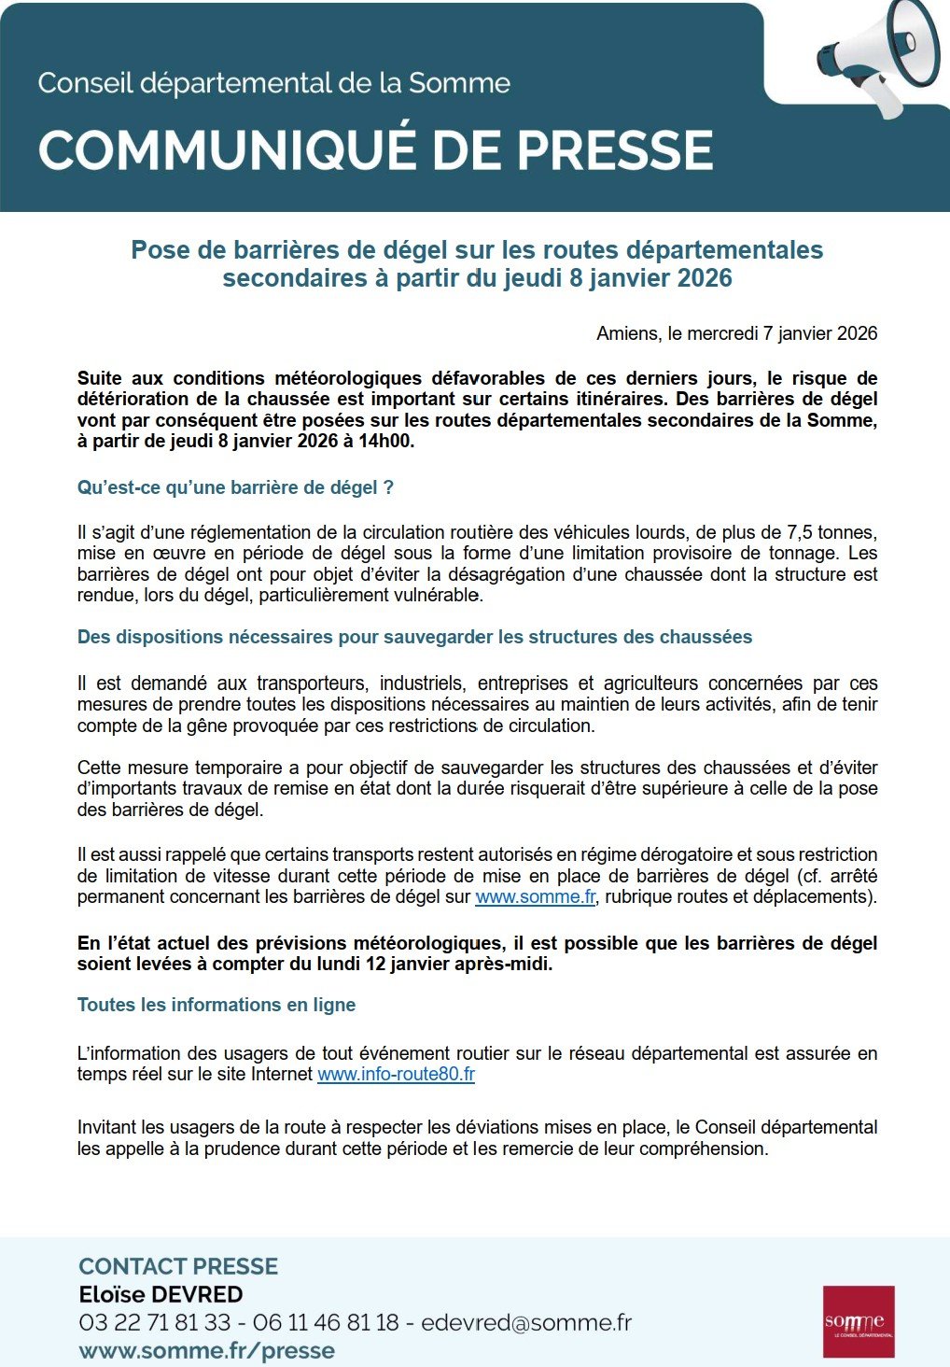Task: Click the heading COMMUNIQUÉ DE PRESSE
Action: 375,150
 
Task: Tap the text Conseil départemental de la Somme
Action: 273,83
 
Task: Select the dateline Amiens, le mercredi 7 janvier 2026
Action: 736,333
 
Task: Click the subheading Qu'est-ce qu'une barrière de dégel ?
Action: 235,487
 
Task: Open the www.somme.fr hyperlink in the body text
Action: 535,896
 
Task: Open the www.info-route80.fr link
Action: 396,1074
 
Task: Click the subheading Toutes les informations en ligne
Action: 217,1005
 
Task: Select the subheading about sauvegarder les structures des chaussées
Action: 414,637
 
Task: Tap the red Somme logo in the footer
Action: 859,1321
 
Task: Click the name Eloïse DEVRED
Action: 161,1294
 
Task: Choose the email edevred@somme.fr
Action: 525,1322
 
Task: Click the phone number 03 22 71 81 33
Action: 154,1322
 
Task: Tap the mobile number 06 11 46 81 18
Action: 326,1322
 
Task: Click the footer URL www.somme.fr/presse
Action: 206,1350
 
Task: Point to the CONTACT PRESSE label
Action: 178,1266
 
